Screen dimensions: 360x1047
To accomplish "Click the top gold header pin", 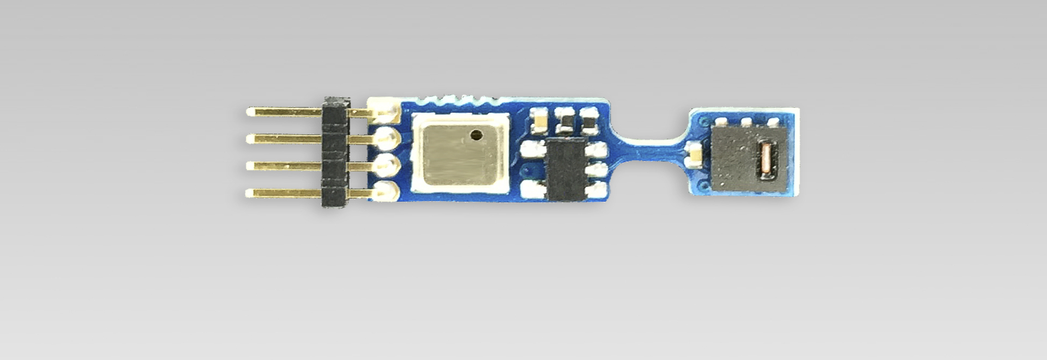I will click(x=284, y=112).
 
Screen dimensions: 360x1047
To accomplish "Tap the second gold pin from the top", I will click(x=284, y=139).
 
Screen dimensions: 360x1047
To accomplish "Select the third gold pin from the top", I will click(x=284, y=165).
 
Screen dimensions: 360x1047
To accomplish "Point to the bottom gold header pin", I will click(x=284, y=192).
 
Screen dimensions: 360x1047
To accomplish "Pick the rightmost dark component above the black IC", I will click(x=589, y=121).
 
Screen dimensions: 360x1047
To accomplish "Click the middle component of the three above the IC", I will click(x=564, y=121).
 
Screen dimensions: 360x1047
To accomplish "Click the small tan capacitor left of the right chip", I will click(x=695, y=154).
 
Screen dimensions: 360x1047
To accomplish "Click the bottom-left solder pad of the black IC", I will click(x=529, y=190).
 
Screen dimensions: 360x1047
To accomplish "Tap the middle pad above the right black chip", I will click(x=747, y=121).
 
